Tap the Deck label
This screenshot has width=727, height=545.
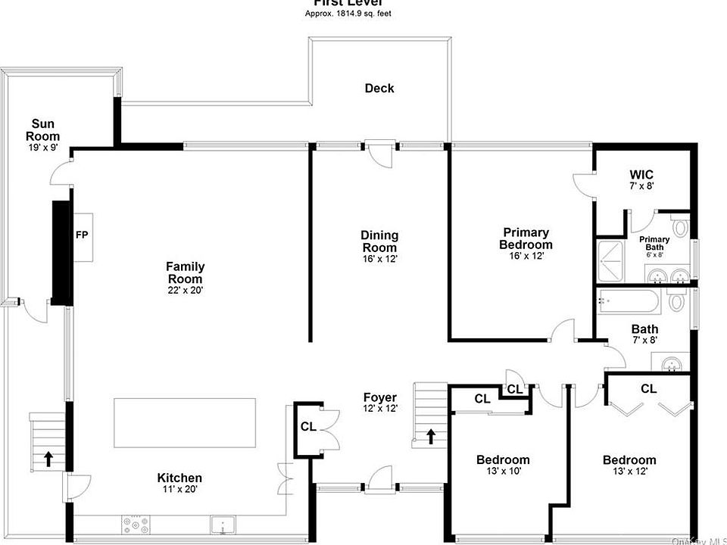click(379, 88)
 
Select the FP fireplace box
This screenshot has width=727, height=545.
click(81, 235)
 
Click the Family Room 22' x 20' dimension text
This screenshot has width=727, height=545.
click(185, 289)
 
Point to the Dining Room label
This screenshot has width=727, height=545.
click(379, 241)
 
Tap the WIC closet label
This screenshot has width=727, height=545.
click(641, 175)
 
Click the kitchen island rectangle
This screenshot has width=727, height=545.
click(185, 423)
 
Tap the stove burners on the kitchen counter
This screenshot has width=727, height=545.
click(136, 522)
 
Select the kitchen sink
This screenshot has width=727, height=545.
click(223, 523)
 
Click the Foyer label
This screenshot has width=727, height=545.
click(379, 397)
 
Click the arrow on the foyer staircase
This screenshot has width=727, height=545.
click(431, 437)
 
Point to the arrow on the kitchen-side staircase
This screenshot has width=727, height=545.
click(48, 457)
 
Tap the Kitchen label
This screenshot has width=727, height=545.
click(179, 478)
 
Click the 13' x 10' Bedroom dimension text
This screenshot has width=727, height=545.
click(503, 471)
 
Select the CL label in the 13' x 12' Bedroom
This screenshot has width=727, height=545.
click(648, 389)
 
